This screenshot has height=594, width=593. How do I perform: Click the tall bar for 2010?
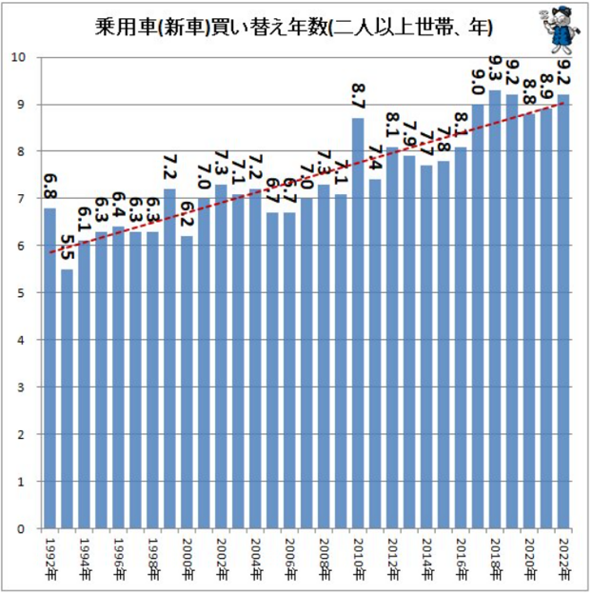[358, 324]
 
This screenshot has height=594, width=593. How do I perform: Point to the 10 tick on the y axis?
[18, 57]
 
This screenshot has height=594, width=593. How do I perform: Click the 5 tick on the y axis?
[21, 293]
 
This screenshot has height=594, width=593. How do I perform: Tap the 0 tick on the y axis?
[21, 528]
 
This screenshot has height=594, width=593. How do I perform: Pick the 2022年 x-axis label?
[563, 558]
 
